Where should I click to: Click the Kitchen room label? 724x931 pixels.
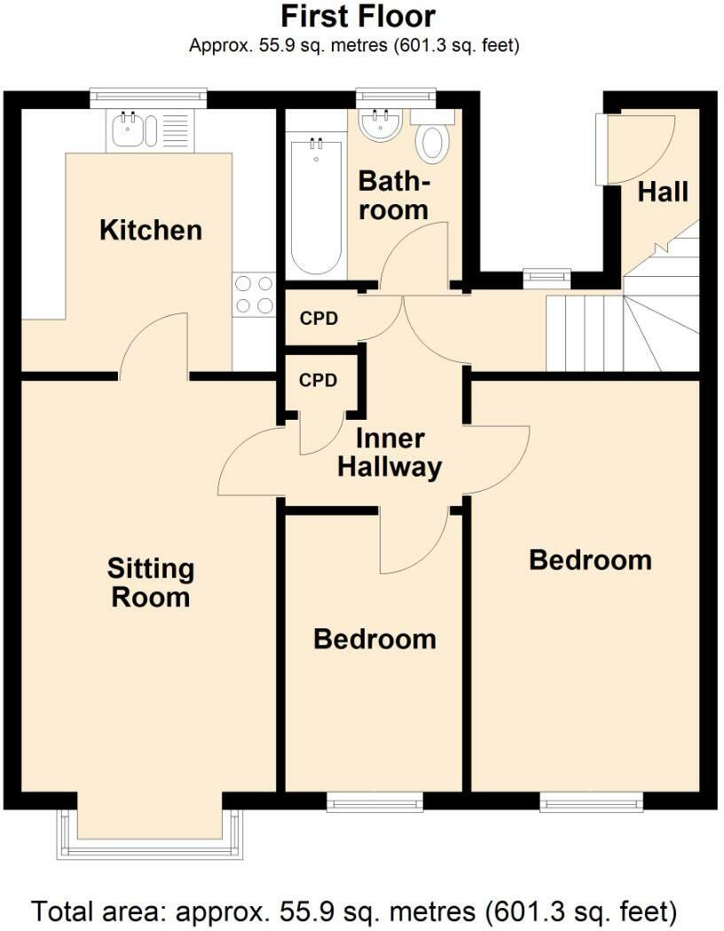pos(151,230)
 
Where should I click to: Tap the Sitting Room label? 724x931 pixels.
pos(150,582)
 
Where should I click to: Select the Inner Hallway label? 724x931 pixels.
pos(390,453)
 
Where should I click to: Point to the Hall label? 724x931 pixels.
pos(663,191)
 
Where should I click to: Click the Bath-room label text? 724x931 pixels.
pos(393,196)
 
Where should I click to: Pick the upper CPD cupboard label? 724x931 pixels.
pos(319,318)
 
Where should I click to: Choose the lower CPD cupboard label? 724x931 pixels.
pos(318,380)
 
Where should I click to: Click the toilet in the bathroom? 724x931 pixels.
pos(432,142)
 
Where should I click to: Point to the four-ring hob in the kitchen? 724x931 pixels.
pos(254,295)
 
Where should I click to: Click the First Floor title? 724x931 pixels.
pos(358,16)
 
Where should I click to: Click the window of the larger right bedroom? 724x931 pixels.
pos(592,803)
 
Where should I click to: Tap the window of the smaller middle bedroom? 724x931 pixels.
pos(374,803)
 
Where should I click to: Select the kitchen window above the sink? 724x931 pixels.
pos(148,96)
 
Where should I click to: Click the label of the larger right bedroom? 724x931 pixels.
pos(590,560)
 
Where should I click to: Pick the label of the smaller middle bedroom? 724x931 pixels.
pos(374,639)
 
